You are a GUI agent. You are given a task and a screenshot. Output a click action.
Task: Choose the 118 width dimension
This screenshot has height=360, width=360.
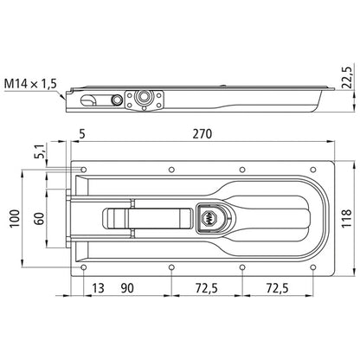click(344, 215)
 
